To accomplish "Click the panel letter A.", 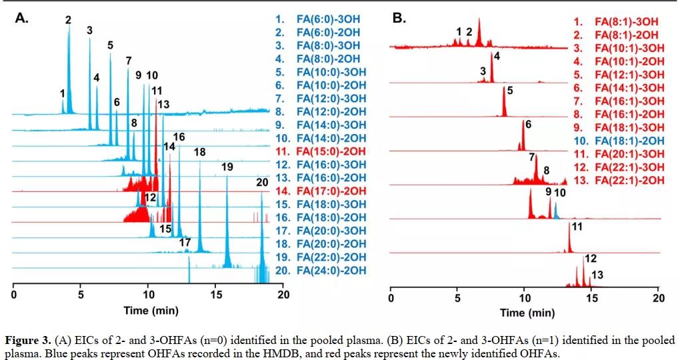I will (x=22, y=19).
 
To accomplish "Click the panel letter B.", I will (x=399, y=18).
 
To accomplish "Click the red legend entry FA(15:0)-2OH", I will (x=331, y=151).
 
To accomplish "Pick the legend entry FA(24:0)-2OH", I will (x=331, y=270).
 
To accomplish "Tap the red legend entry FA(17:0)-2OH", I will (x=331, y=191).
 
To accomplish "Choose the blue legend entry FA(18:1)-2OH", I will (x=621, y=141).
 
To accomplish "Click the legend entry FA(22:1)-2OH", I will (x=621, y=181).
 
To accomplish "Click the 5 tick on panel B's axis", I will (x=457, y=298).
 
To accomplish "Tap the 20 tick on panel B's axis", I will (x=659, y=298).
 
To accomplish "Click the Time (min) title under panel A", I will (x=150, y=311).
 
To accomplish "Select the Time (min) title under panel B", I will (x=527, y=313).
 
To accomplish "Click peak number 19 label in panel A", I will (x=227, y=167).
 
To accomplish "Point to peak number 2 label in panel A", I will (x=68, y=20).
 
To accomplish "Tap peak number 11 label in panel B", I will (x=577, y=227).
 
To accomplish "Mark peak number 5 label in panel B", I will (x=510, y=91).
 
